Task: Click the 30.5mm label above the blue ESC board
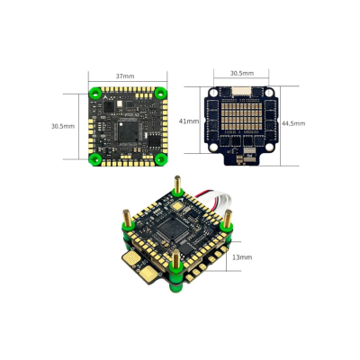(240, 73)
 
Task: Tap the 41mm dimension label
(188, 120)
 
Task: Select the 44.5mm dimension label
(293, 122)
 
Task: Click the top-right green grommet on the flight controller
(160, 93)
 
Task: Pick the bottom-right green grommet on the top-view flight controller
(160, 159)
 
